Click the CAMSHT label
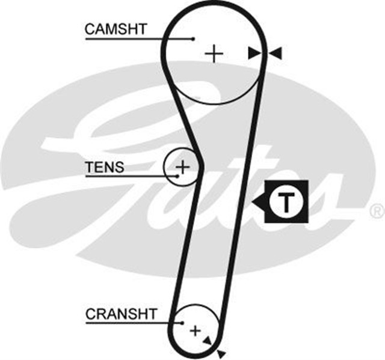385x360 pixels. click(116, 28)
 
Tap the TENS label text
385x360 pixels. click(105, 166)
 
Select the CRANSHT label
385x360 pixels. click(121, 313)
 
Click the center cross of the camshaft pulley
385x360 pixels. click(214, 54)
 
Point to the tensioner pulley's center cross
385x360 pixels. click(182, 165)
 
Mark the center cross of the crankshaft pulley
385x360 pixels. click(195, 330)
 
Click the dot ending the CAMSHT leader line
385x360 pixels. click(193, 39)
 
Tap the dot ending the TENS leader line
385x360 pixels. click(178, 175)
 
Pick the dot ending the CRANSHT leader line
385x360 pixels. click(182, 323)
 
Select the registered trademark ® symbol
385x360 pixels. click(376, 211)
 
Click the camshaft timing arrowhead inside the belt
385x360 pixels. click(254, 54)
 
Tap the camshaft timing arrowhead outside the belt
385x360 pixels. click(276, 54)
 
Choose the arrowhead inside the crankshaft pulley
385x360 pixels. click(208, 340)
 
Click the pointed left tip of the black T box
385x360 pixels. click(254, 203)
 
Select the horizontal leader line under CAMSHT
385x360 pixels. click(138, 39)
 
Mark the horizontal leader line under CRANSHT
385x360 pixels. click(132, 323)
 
